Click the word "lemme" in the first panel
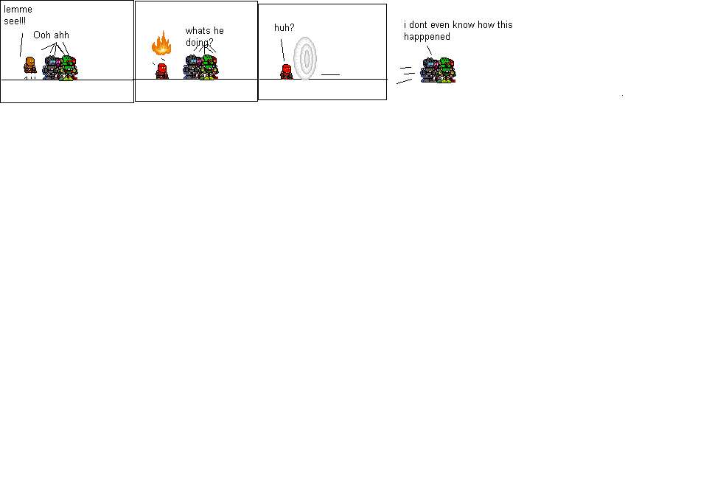[18, 10]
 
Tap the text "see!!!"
[15, 21]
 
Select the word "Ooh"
[42, 35]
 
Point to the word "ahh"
[61, 35]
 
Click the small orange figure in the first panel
[30, 64]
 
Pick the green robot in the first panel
[69, 69]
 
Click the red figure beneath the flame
[162, 71]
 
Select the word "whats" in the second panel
[198, 31]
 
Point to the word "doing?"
[199, 42]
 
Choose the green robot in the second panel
[209, 69]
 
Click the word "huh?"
[284, 27]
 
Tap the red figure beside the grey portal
[287, 71]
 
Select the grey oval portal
[304, 58]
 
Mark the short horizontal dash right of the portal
[330, 74]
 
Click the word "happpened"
[427, 36]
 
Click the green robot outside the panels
[446, 71]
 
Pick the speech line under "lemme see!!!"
[21, 43]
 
